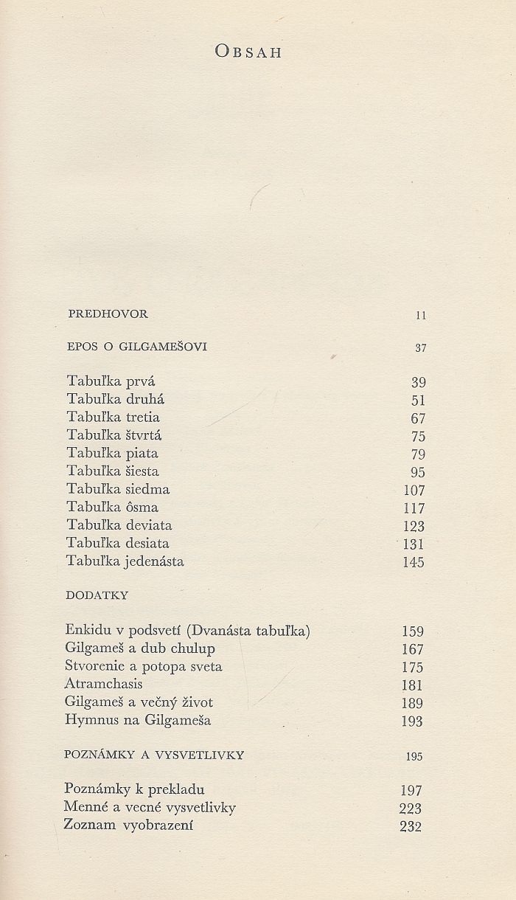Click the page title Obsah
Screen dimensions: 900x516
pyautogui.click(x=248, y=52)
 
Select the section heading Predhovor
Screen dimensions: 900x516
pyautogui.click(x=108, y=314)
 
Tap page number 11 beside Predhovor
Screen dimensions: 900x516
pyautogui.click(x=421, y=315)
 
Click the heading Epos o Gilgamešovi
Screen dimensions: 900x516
pyautogui.click(x=136, y=347)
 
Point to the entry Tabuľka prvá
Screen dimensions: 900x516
pyautogui.click(x=111, y=381)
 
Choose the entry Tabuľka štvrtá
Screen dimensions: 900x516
pyautogui.click(x=114, y=435)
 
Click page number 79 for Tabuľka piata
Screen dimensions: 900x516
pyautogui.click(x=418, y=454)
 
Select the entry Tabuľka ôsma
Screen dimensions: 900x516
pyautogui.click(x=112, y=508)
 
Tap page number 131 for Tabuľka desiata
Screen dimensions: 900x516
pyautogui.click(x=414, y=544)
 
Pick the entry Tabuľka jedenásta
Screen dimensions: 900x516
pyautogui.click(x=125, y=561)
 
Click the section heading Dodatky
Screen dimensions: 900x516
pyautogui.click(x=97, y=595)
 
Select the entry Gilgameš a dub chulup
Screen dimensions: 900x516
pyautogui.click(x=140, y=649)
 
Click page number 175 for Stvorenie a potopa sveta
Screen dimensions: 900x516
pyautogui.click(x=412, y=668)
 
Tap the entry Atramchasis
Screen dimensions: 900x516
pyautogui.click(x=103, y=684)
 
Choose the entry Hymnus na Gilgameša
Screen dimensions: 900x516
pyautogui.click(x=138, y=720)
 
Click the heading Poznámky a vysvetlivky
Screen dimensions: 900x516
pyautogui.click(x=154, y=755)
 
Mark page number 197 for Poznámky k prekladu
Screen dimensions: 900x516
pyautogui.click(x=411, y=791)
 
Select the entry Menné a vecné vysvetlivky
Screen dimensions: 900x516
pyautogui.click(x=150, y=807)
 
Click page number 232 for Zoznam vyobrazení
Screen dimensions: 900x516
pyautogui.click(x=410, y=826)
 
